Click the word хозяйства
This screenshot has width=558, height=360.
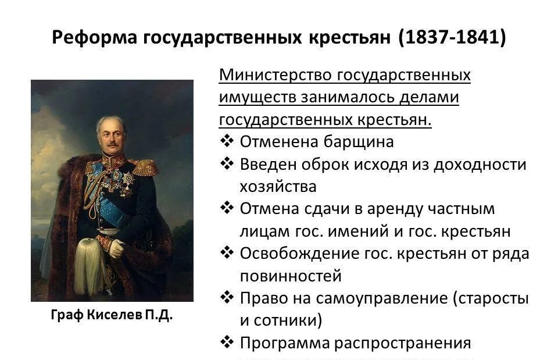278,187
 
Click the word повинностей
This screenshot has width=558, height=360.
291,276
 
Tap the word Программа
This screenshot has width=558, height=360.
284,343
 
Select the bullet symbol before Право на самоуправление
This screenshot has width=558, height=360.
227,298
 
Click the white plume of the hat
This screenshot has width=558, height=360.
90,265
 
